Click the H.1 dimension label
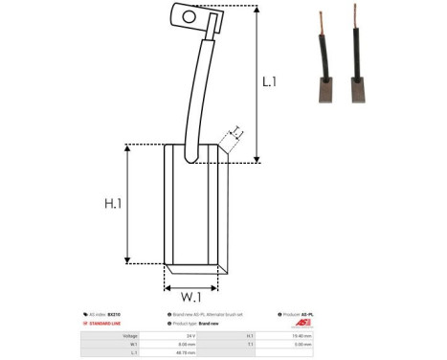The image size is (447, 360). [x=114, y=203]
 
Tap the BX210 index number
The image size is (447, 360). [x=114, y=314]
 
